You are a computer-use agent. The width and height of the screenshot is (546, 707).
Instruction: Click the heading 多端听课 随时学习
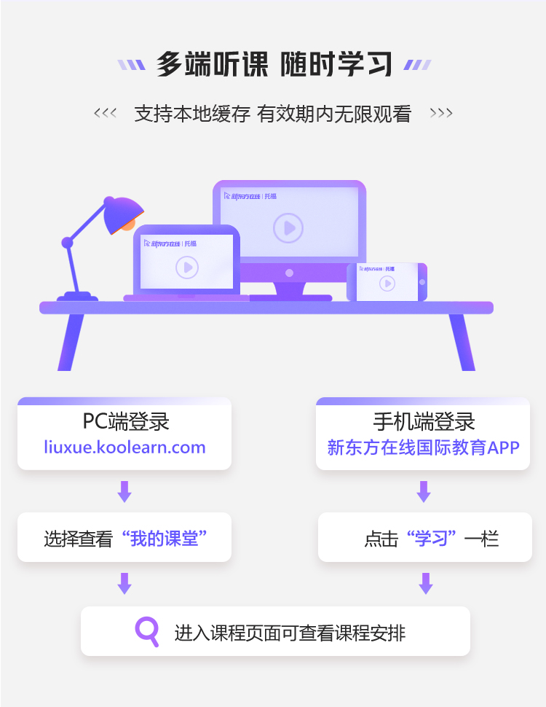(274, 64)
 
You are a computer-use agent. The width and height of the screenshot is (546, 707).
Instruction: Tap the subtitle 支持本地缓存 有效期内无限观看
(273, 114)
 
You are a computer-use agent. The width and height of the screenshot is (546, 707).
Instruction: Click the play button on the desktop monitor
(288, 228)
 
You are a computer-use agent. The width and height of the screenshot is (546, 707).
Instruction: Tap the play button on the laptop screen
(187, 267)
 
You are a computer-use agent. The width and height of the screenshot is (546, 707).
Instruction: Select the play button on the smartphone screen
(387, 283)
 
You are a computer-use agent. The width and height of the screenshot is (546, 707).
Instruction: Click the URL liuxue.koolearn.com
(124, 447)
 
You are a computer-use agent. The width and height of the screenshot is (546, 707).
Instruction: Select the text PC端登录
(125, 422)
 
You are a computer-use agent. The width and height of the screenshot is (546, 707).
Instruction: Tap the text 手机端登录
(423, 422)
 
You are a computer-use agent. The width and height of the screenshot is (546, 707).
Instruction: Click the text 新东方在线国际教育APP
(423, 448)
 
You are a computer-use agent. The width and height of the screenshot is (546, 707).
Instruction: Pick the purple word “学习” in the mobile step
(432, 539)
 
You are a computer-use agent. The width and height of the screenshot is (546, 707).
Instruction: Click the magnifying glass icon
(147, 630)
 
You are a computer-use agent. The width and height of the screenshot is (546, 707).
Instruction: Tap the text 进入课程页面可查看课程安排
(290, 632)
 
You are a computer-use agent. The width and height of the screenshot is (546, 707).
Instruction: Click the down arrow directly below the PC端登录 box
(124, 491)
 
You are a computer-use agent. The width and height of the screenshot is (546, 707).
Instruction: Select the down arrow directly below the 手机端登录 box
(424, 491)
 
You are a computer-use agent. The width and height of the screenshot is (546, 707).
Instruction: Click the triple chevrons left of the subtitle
(105, 114)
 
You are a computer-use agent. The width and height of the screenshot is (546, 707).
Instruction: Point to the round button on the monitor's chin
(289, 273)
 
